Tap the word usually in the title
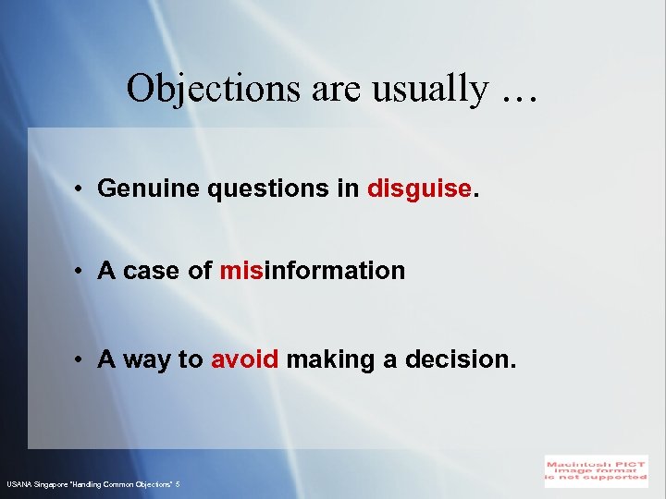coord(423,89)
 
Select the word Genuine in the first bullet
coord(149,189)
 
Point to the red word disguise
coord(419,189)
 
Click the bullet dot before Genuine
coord(82,189)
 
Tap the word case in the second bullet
coord(153,271)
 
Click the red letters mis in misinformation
coord(241,271)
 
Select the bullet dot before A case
coord(82,272)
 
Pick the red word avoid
coord(244,359)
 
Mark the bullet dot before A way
coord(82,360)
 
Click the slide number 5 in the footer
coord(178,484)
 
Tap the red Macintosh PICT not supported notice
coord(596,469)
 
